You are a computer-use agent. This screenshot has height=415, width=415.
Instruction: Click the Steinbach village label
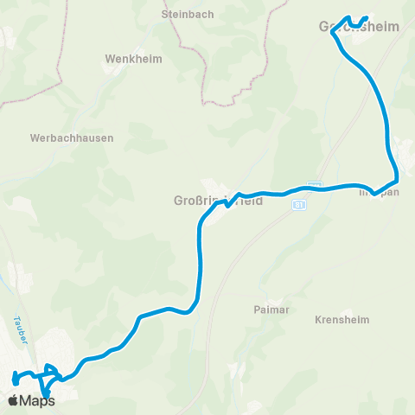click(x=182, y=14)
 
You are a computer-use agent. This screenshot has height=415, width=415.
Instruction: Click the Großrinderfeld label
click(x=213, y=201)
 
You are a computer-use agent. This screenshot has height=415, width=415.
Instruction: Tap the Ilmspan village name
click(x=379, y=192)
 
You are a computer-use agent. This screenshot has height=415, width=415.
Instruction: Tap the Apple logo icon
click(x=13, y=399)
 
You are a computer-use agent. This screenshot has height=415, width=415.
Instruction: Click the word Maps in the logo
click(x=37, y=400)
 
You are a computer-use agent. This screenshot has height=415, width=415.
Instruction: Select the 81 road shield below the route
click(x=298, y=206)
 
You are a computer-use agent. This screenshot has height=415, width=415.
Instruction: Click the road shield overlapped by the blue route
click(x=315, y=184)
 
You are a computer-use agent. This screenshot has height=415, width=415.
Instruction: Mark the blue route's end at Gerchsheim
click(x=367, y=18)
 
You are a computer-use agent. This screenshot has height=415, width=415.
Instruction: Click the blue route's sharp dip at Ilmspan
click(x=373, y=193)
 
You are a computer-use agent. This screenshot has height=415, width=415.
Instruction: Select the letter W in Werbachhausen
click(x=34, y=137)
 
